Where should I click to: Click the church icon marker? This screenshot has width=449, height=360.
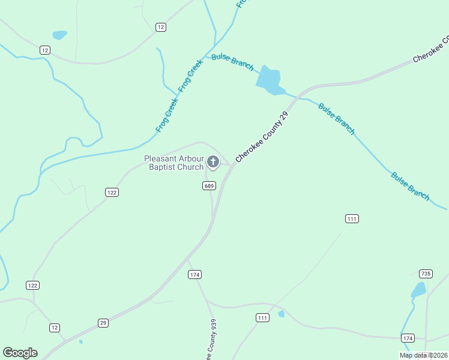[213, 162]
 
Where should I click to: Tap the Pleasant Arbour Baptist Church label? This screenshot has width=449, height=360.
[174, 163]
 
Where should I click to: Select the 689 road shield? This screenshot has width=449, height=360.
[209, 186]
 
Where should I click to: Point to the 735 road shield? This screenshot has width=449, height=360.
[426, 274]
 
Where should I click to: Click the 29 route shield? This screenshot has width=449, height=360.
[103, 323]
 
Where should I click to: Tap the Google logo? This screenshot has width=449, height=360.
[20, 353]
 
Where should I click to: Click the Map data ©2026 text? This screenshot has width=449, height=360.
[423, 355]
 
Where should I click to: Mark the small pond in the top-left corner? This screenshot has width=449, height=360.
[59, 35]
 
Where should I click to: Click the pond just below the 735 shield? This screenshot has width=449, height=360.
[418, 290]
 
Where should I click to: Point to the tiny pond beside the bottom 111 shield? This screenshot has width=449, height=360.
[281, 313]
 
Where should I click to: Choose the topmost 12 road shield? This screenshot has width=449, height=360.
[160, 27]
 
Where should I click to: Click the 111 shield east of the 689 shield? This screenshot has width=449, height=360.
[352, 218]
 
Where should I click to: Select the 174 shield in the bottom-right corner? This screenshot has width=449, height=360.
[408, 338]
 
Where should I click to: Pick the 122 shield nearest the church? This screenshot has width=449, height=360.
[112, 192]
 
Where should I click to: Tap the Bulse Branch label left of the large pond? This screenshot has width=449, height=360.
[232, 62]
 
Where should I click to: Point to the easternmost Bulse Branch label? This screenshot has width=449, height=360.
[411, 186]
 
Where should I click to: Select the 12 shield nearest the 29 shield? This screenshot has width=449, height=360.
[55, 328]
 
